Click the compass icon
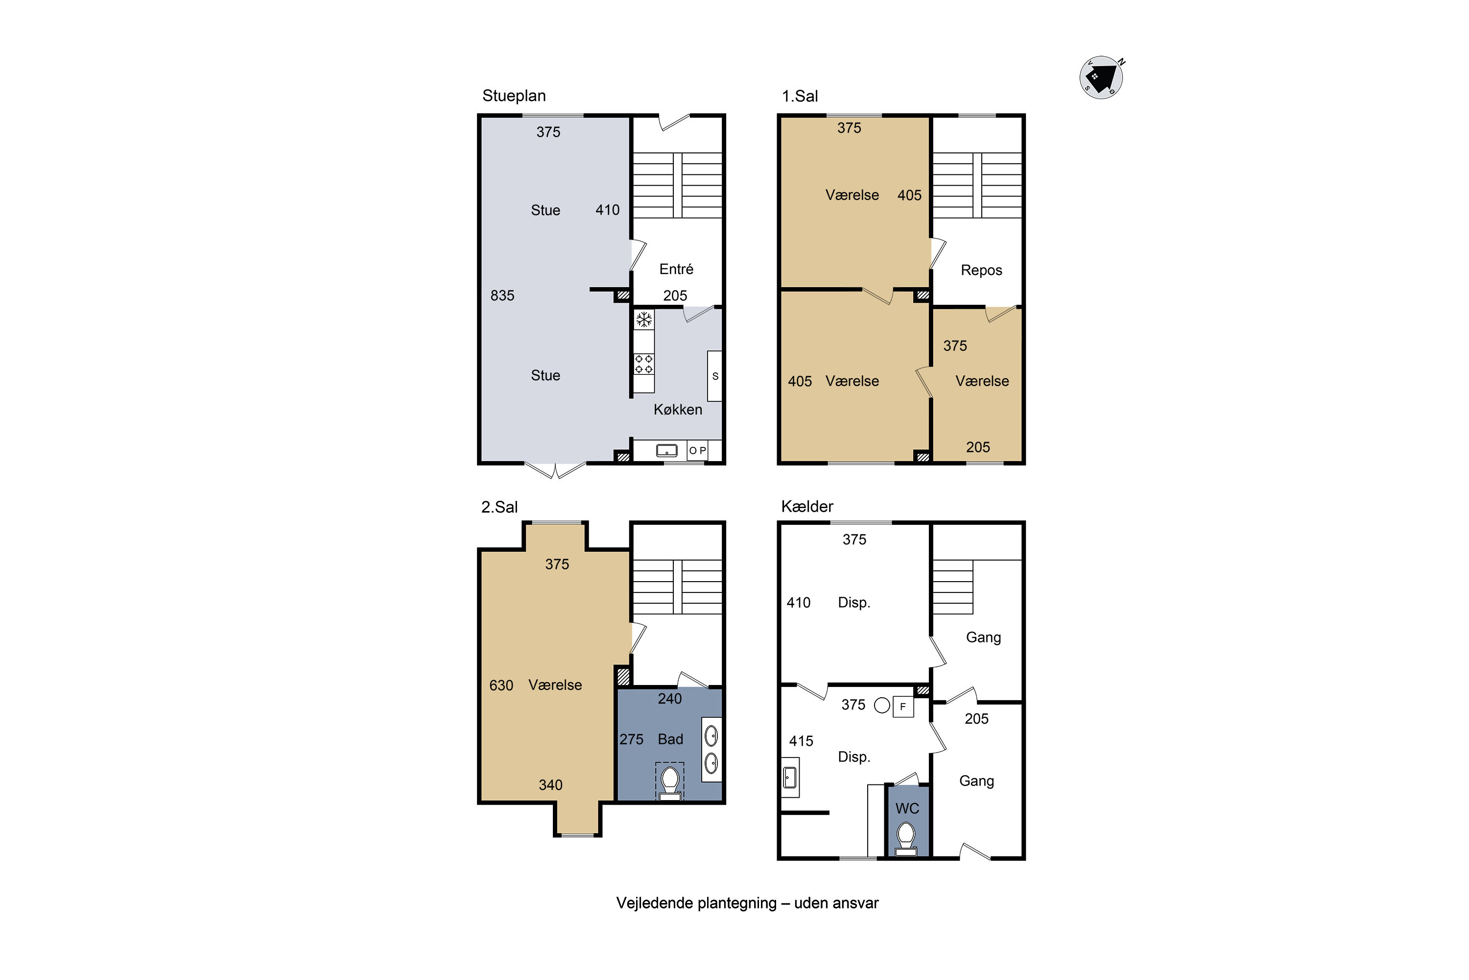pyautogui.click(x=1101, y=77)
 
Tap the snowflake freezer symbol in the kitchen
pyautogui.click(x=644, y=320)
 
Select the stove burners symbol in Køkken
pyautogui.click(x=644, y=364)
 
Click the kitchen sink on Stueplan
pyautogui.click(x=666, y=450)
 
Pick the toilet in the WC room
pyautogui.click(x=906, y=839)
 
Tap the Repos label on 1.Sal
pyautogui.click(x=981, y=270)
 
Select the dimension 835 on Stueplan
pyautogui.click(x=502, y=295)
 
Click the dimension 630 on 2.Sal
pyautogui.click(x=501, y=685)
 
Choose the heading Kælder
pyautogui.click(x=807, y=506)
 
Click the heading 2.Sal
pyautogui.click(x=499, y=507)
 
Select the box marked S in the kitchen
pyautogui.click(x=714, y=376)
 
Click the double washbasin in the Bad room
pyautogui.click(x=711, y=749)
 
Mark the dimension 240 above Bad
pyautogui.click(x=669, y=699)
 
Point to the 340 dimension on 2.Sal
pyautogui.click(x=550, y=785)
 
